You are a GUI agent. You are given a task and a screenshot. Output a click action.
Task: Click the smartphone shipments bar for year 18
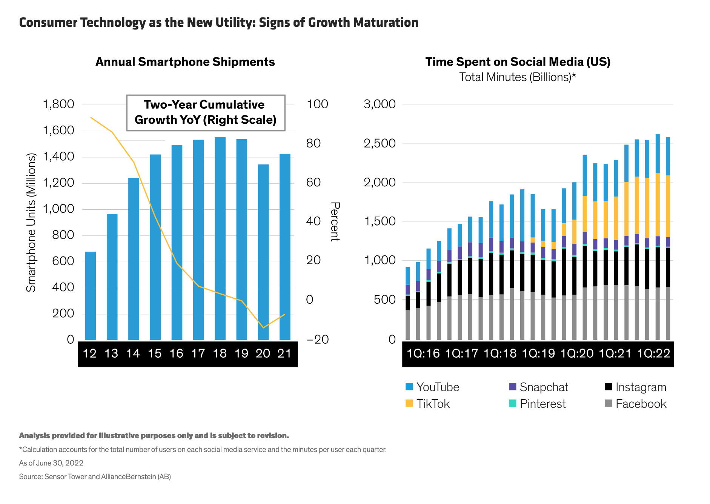click(x=220, y=238)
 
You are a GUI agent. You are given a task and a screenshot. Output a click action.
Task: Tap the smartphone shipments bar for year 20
click(x=263, y=252)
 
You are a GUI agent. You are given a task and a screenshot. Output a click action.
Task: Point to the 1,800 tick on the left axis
click(x=59, y=104)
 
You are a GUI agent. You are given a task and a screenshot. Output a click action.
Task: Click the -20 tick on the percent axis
click(x=317, y=340)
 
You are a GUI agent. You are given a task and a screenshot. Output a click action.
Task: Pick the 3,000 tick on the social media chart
click(x=380, y=104)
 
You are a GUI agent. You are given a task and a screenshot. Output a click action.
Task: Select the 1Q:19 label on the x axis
click(x=538, y=353)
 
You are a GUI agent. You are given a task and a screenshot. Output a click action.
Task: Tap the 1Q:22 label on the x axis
click(x=653, y=353)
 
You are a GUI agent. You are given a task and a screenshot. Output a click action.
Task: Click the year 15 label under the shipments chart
click(x=155, y=353)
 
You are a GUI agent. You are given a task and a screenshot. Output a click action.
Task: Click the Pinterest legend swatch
click(x=512, y=403)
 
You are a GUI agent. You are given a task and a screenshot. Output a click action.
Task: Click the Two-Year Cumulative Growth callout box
click(x=206, y=112)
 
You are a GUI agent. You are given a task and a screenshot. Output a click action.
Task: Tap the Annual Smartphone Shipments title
click(x=185, y=62)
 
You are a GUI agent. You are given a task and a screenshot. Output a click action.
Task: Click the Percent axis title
click(x=335, y=221)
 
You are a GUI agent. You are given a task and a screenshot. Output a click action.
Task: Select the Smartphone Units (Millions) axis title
click(x=31, y=223)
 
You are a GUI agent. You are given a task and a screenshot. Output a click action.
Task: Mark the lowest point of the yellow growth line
click(x=263, y=327)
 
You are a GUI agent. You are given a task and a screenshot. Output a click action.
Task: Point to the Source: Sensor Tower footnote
click(x=95, y=477)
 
